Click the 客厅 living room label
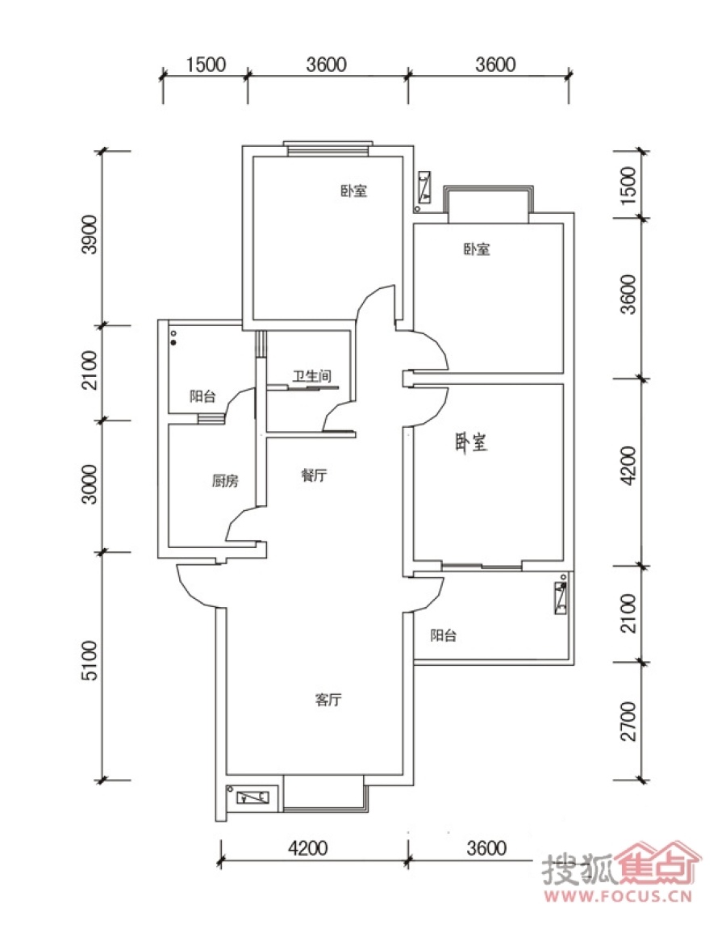click(x=328, y=701)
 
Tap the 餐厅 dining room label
click(x=315, y=475)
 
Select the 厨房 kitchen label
click(x=225, y=481)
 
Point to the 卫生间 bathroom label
click(x=312, y=376)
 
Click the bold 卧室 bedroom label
click(x=471, y=442)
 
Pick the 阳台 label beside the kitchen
click(x=202, y=396)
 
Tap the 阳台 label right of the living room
click(x=443, y=635)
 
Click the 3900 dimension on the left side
click(x=90, y=234)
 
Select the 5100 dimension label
click(x=90, y=661)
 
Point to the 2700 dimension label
click(x=629, y=721)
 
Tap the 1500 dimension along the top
click(x=206, y=65)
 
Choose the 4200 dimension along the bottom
click(x=307, y=848)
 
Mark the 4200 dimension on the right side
click(x=629, y=466)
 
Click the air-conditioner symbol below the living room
click(x=252, y=798)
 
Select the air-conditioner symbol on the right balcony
click(x=561, y=598)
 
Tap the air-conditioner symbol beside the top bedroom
click(x=424, y=187)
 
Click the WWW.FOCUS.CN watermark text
click(x=617, y=897)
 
